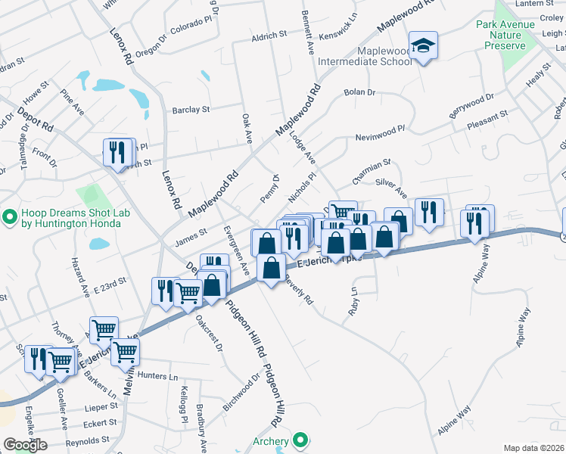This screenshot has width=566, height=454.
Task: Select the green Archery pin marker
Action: [301, 440]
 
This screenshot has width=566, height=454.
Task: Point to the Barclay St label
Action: [190, 110]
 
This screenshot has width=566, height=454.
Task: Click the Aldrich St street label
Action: [269, 35]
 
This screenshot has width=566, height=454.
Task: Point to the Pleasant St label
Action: [487, 118]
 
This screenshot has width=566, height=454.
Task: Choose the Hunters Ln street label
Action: [158, 376]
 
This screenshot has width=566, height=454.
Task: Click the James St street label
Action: [191, 238]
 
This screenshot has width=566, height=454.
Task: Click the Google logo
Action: [25, 445]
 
